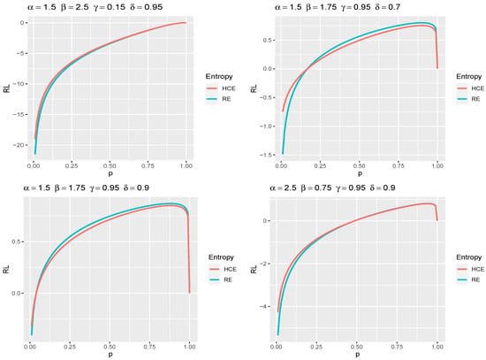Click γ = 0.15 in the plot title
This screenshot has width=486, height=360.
click(x=110, y=7)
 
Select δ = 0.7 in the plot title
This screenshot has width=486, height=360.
click(x=387, y=7)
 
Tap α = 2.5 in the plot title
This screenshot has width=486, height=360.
click(x=283, y=188)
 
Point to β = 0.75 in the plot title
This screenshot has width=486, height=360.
click(x=316, y=188)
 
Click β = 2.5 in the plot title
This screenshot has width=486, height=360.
click(x=75, y=7)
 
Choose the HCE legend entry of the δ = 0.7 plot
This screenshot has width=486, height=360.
click(x=470, y=88)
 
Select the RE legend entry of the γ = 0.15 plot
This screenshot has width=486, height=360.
click(x=218, y=99)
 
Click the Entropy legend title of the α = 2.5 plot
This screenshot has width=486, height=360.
click(x=468, y=257)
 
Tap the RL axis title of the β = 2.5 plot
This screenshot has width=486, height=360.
click(x=6, y=88)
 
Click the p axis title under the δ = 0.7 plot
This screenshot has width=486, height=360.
click(x=360, y=173)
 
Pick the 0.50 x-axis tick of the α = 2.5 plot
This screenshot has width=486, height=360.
click(x=357, y=347)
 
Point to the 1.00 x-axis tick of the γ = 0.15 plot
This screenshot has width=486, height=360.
click(x=186, y=166)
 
